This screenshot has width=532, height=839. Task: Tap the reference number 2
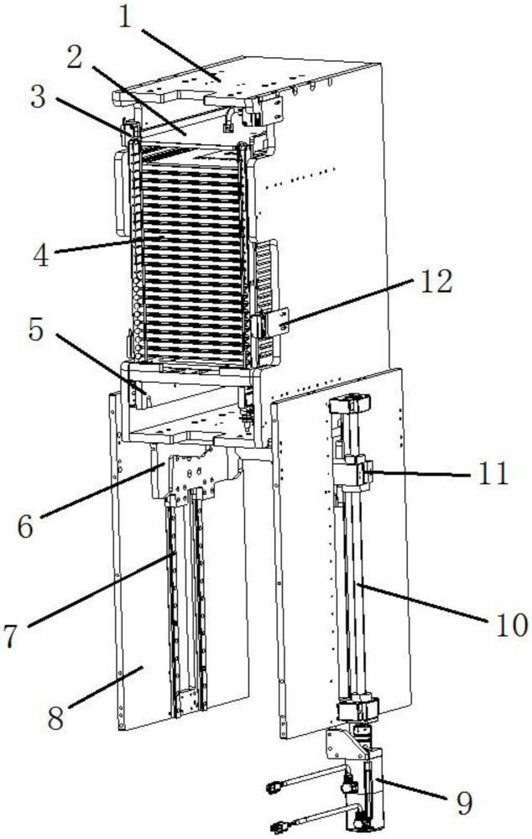click(75, 57)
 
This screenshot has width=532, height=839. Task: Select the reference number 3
click(38, 96)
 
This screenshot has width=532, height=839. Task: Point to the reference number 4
click(41, 256)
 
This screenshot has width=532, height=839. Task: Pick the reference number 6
click(25, 527)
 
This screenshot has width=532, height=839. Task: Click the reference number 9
click(464, 803)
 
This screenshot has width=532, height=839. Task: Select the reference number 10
click(512, 624)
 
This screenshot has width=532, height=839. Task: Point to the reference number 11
click(493, 473)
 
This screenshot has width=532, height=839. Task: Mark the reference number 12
click(436, 281)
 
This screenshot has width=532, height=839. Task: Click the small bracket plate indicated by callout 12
click(278, 322)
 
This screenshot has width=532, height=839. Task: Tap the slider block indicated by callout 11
click(351, 472)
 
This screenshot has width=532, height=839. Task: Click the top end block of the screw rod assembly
click(351, 403)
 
